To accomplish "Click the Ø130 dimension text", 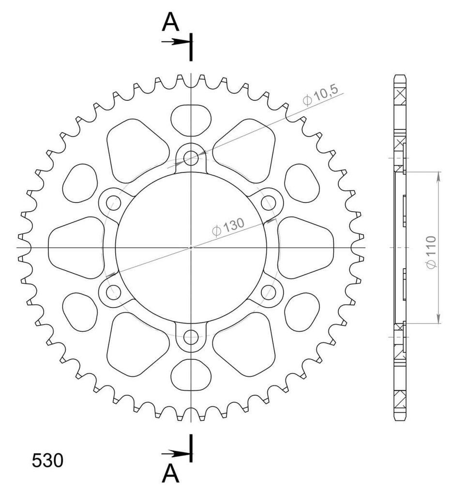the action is [228, 227].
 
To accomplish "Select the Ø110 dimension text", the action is [431, 252].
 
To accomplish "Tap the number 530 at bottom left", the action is [47, 460].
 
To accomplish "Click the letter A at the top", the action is [170, 22].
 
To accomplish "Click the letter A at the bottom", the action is [171, 474].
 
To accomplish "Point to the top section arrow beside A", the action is [173, 42].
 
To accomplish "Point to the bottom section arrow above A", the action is [173, 454].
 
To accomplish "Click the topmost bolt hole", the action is [191, 157].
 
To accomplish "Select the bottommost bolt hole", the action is [191, 337].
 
